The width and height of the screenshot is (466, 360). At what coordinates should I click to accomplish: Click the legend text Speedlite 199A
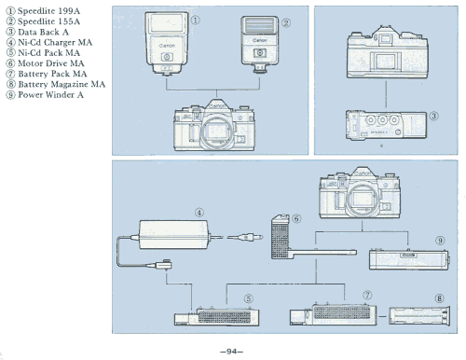coord(48,11)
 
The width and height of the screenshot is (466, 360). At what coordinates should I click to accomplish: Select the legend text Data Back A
coord(43,32)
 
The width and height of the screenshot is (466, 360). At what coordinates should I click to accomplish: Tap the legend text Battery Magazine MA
coord(62,84)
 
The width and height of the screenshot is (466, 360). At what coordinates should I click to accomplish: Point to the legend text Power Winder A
coord(50,95)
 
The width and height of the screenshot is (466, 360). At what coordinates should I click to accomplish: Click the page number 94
coord(231,352)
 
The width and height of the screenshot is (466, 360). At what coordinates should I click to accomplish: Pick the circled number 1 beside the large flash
coord(195,21)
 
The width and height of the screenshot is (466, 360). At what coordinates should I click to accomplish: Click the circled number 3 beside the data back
coord(434,116)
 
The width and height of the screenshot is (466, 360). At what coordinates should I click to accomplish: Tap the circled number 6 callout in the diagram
coord(296,218)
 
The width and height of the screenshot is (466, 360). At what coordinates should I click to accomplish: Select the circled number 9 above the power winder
coord(440,241)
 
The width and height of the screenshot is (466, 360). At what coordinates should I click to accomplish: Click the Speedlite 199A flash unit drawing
coord(167,44)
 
